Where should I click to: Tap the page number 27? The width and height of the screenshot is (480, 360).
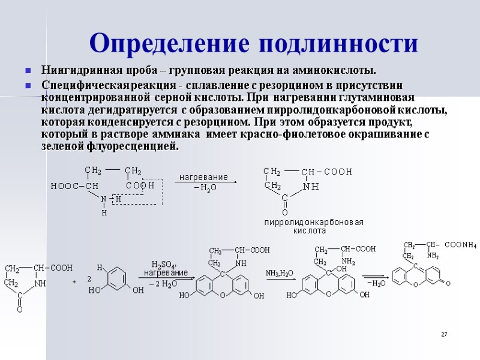445,334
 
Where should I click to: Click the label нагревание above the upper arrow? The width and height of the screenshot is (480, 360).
204,177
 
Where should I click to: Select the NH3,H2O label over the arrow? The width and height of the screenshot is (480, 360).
280,273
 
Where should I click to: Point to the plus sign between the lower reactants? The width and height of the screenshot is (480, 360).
74,280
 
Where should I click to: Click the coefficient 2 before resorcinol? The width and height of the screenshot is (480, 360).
89,279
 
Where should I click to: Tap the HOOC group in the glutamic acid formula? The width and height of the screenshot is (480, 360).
62,186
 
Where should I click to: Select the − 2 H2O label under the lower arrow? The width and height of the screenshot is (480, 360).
163,283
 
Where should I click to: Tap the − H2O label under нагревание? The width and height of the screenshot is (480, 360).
205,188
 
